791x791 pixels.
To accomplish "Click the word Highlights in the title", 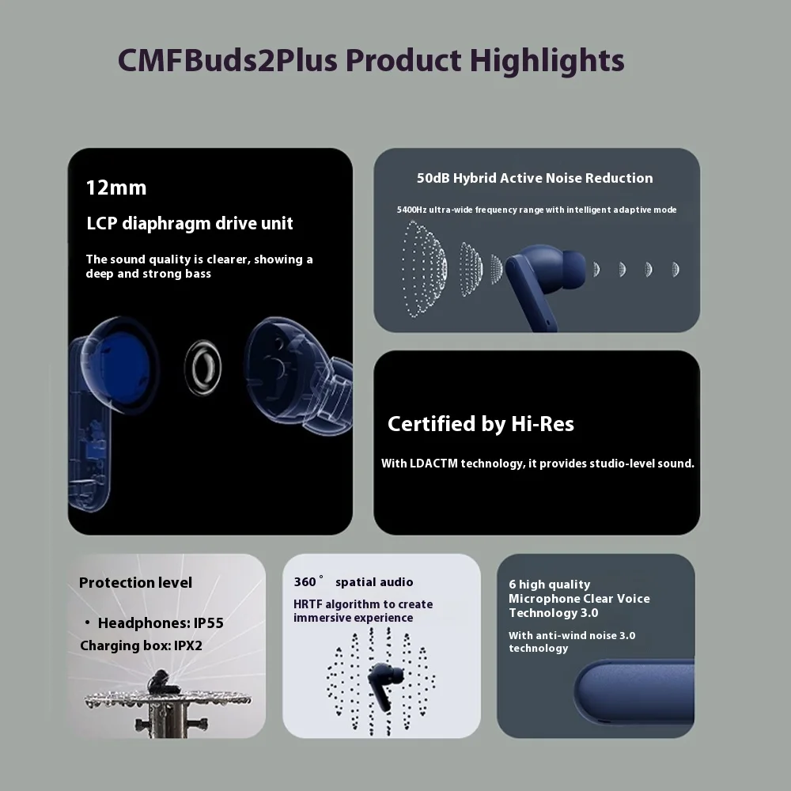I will click(547, 60).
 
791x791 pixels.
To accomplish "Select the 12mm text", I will click(116, 188).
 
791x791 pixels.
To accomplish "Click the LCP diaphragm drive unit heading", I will click(190, 224).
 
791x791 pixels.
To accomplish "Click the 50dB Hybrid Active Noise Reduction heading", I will click(535, 178).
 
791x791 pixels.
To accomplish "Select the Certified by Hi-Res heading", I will click(480, 424).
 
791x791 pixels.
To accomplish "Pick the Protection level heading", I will click(135, 583).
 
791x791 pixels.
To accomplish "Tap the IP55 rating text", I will click(209, 623).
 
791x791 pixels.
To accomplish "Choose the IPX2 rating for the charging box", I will click(188, 645).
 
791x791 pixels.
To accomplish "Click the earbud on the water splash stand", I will click(161, 681).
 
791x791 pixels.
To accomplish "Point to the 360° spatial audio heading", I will click(354, 582).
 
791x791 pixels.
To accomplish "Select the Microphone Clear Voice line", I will click(579, 599).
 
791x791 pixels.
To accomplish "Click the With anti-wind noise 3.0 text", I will click(572, 635).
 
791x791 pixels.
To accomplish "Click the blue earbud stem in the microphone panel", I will click(633, 693).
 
